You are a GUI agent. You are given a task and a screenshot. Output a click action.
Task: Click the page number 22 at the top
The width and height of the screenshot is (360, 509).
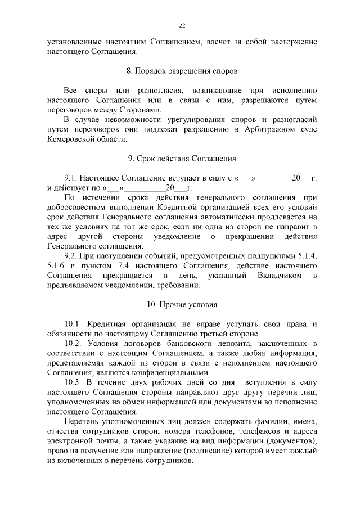pos(182,25)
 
